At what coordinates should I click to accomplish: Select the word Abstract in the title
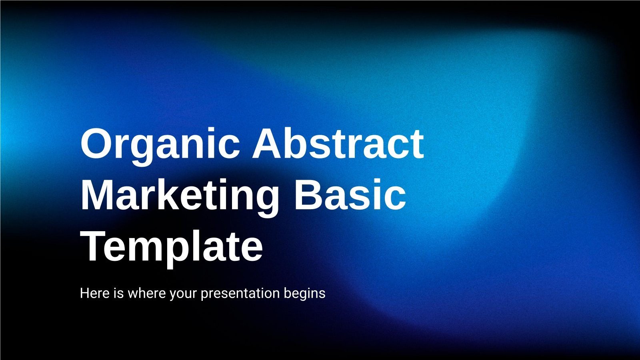pyautogui.click(x=338, y=143)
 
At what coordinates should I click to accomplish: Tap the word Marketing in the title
pyautogui.click(x=180, y=196)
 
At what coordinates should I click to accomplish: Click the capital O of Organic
pyautogui.click(x=96, y=143)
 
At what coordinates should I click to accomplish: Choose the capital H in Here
pyautogui.click(x=84, y=293)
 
